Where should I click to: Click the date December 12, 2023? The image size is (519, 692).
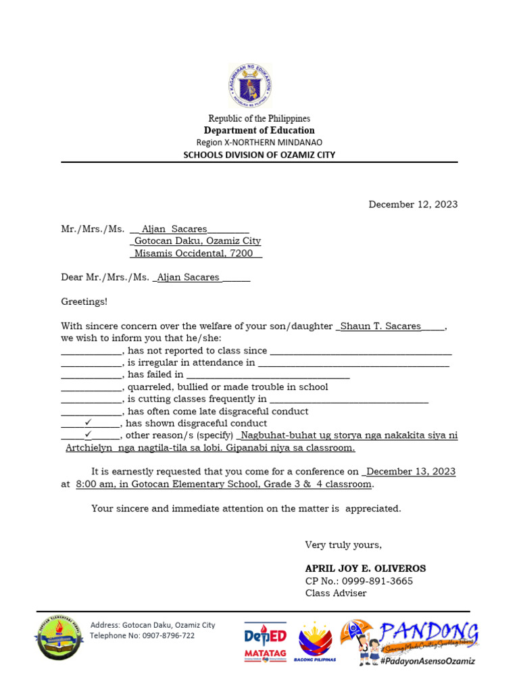click(x=413, y=204)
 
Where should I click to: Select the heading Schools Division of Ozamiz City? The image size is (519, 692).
click(x=259, y=155)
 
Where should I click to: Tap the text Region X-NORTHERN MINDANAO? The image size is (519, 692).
click(x=259, y=143)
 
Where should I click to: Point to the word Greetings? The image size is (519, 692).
click(x=84, y=301)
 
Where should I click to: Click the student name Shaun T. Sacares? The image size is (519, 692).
click(x=380, y=326)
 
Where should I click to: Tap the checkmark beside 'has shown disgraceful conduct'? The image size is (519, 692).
click(x=88, y=423)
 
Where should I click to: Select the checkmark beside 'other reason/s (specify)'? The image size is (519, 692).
click(x=88, y=435)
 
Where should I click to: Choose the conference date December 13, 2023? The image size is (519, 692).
click(x=411, y=472)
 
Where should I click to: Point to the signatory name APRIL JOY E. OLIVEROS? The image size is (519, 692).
click(x=366, y=568)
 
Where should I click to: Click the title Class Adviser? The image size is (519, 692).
click(x=336, y=593)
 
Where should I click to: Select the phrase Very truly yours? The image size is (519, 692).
click(x=343, y=545)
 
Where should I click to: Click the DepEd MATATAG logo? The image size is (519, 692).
click(x=265, y=642)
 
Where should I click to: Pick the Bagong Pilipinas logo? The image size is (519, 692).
click(x=316, y=642)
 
